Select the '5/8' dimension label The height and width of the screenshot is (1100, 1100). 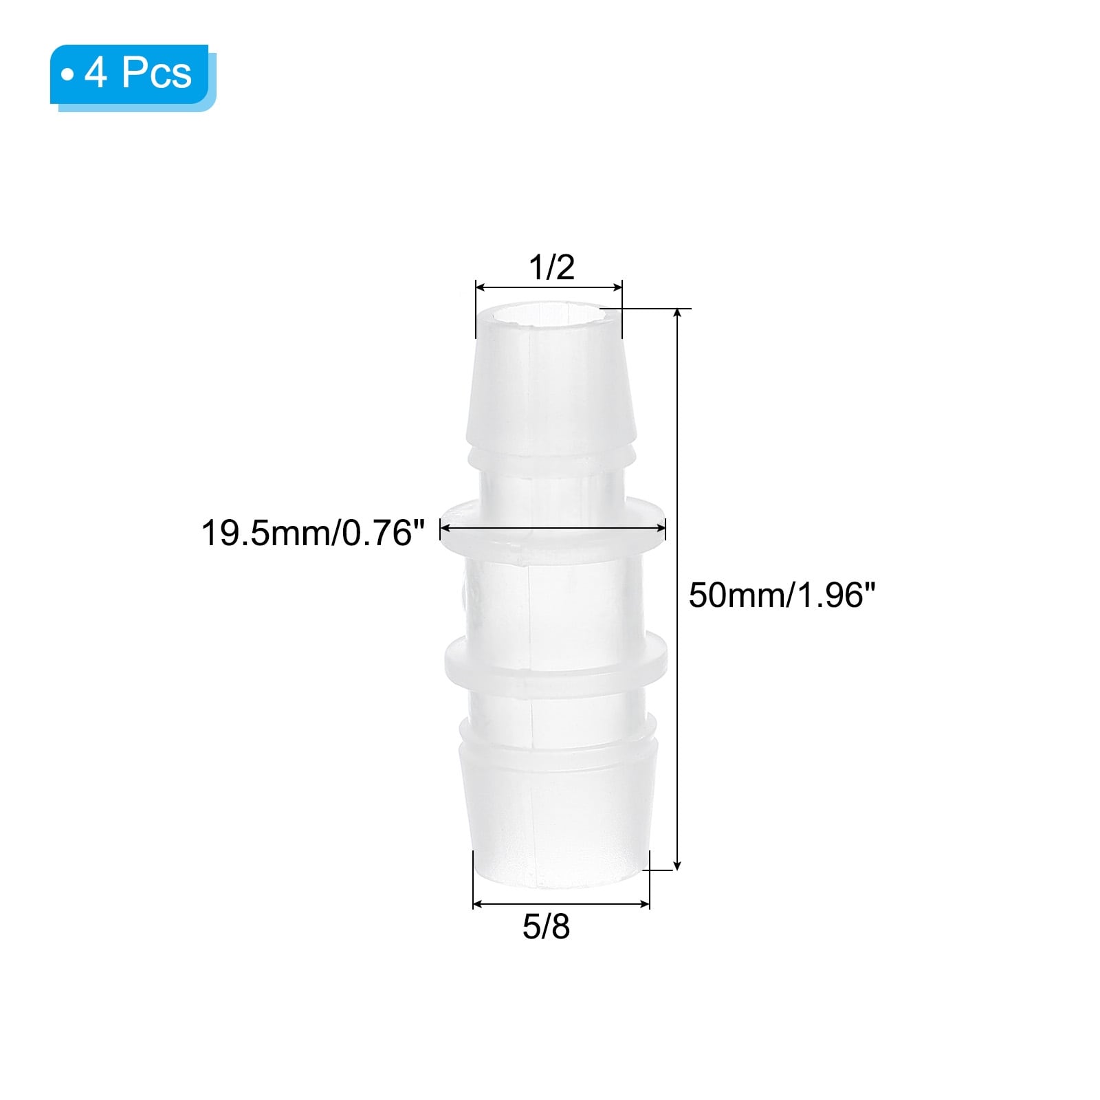click(x=546, y=927)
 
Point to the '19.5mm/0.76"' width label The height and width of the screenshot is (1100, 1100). click(x=313, y=533)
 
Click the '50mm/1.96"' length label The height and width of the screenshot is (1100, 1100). click(x=782, y=595)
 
